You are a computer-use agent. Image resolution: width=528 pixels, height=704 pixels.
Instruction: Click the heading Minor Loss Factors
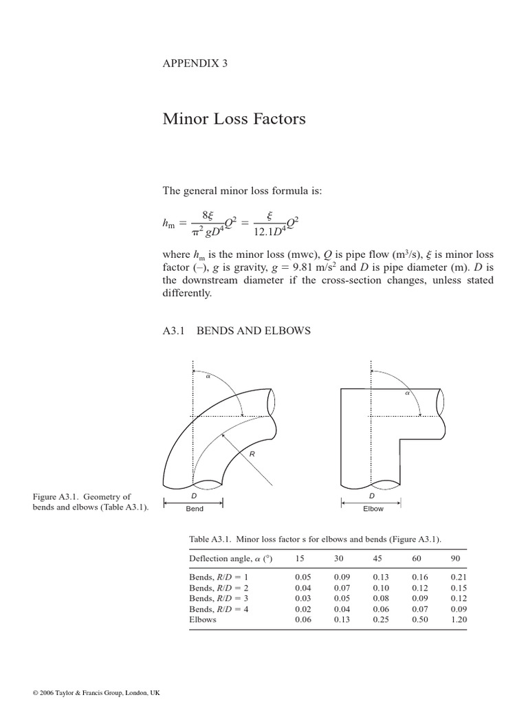pyautogui.click(x=234, y=120)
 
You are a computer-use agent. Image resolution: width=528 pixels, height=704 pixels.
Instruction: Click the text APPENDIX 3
pyautogui.click(x=195, y=63)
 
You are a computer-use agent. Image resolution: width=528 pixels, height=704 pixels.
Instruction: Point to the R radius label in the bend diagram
pyautogui.click(x=252, y=454)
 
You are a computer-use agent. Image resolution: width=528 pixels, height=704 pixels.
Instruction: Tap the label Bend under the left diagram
pyautogui.click(x=195, y=509)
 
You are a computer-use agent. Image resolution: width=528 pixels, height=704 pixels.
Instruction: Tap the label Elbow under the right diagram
pyautogui.click(x=373, y=509)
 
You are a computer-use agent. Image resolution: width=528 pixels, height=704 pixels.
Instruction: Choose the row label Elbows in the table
pyautogui.click(x=203, y=619)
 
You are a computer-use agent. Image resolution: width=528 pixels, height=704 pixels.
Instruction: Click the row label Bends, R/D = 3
pyautogui.click(x=218, y=599)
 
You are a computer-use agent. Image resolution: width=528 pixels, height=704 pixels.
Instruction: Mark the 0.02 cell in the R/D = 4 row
pyautogui.click(x=302, y=609)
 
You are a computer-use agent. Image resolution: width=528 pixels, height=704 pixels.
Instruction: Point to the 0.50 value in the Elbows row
pyautogui.click(x=419, y=619)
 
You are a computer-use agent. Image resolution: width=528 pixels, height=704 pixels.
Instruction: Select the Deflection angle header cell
pyautogui.click(x=231, y=558)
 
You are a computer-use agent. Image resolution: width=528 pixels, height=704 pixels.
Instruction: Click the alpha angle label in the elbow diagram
pyautogui.click(x=407, y=394)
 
